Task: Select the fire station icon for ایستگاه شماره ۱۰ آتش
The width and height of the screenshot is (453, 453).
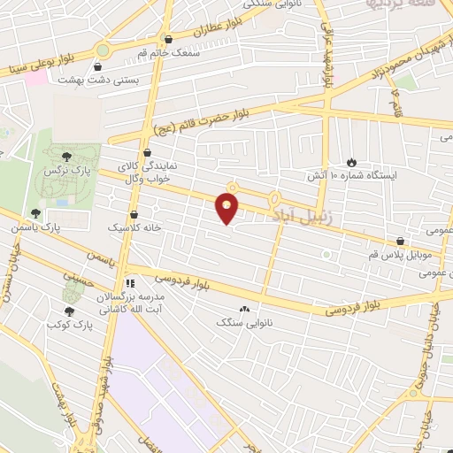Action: point(352,162)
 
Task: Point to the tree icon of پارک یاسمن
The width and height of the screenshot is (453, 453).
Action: point(36,213)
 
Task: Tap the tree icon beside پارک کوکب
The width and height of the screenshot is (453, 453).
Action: point(69,311)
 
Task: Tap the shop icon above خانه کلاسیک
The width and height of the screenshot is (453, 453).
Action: point(134,214)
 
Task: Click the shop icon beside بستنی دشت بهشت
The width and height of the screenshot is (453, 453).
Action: point(97,65)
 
